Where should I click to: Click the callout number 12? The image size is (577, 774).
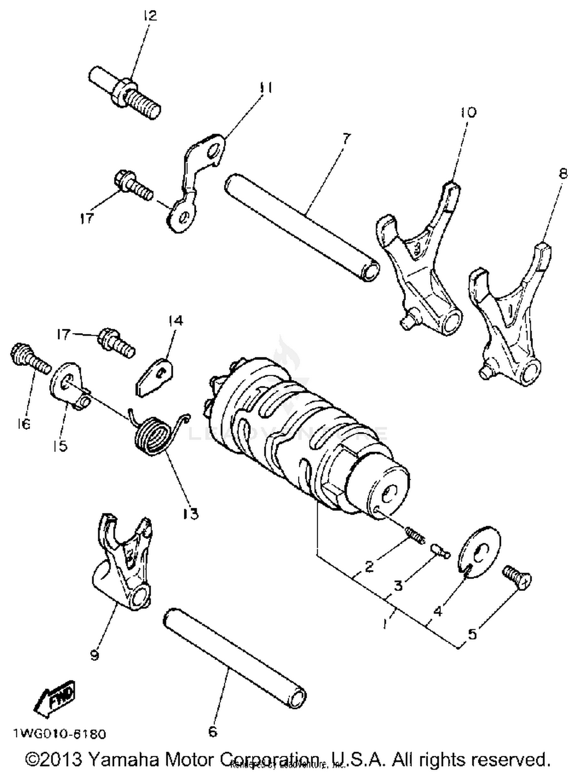click(150, 16)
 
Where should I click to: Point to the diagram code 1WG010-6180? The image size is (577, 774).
click(60, 734)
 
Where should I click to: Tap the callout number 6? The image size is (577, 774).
click(213, 731)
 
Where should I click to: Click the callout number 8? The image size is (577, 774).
click(563, 174)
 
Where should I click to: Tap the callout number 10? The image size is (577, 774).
click(468, 112)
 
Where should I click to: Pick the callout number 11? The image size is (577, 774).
click(266, 88)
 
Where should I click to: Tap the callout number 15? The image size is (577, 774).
click(60, 446)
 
